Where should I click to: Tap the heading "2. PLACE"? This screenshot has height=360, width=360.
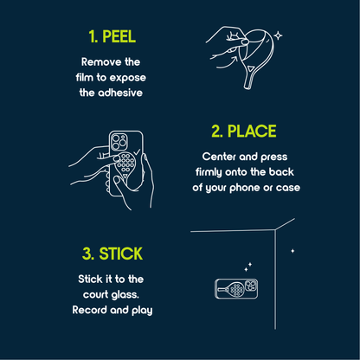pos(244,132)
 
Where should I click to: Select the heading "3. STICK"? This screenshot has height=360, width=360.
pos(113,254)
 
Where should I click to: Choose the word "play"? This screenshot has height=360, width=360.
pos(145,310)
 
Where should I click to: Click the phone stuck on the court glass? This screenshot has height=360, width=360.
pos(235,289)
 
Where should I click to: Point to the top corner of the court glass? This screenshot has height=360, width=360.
pos(277,229)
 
